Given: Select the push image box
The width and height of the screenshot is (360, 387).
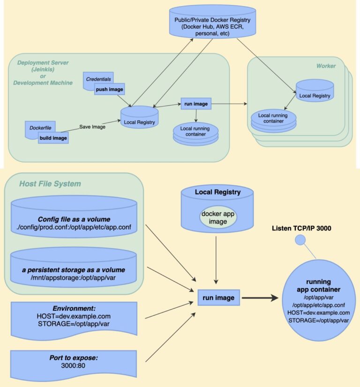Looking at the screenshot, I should click(x=110, y=89).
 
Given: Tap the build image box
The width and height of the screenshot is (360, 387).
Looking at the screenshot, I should click(x=53, y=138).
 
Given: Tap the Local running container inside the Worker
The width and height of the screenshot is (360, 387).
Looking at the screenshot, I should click(x=273, y=120).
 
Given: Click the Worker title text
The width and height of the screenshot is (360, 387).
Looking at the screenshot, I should click(x=326, y=66).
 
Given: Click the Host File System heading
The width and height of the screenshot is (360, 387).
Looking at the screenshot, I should click(x=50, y=184).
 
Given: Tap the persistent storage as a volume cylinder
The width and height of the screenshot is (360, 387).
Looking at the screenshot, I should click(x=74, y=267).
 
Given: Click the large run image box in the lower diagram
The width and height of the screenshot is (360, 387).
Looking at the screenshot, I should click(x=219, y=297).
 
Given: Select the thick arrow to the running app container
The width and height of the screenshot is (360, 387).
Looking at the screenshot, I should click(x=261, y=297).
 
